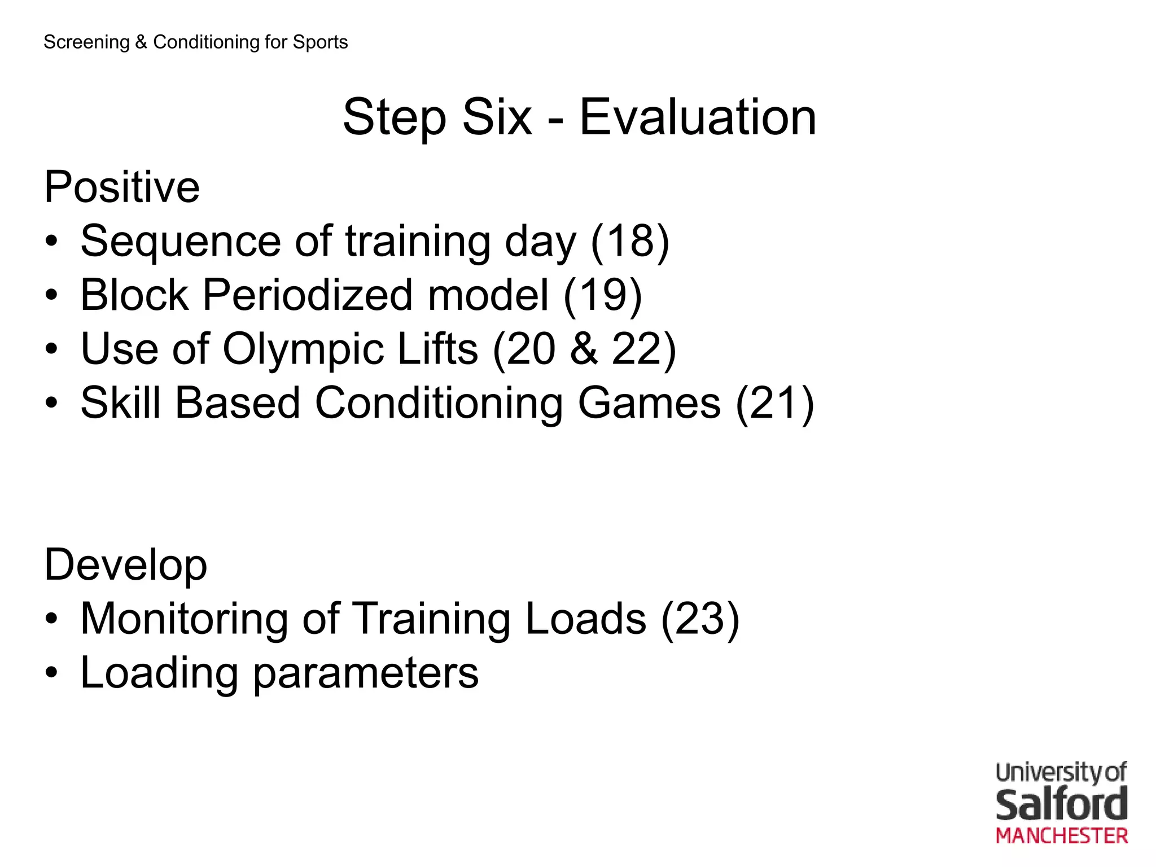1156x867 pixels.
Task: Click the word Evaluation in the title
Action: (x=698, y=117)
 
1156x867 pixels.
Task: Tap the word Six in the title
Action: (x=497, y=117)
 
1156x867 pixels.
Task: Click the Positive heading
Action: (x=122, y=187)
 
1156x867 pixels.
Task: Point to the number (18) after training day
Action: (x=630, y=242)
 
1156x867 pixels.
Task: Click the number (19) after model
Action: (x=603, y=295)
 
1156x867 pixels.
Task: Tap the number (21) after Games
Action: (x=774, y=404)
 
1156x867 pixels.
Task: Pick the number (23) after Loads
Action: (x=700, y=619)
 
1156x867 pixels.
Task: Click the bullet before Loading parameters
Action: (x=51, y=673)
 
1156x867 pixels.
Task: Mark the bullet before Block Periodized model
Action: (x=51, y=295)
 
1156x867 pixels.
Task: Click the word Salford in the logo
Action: (x=1061, y=805)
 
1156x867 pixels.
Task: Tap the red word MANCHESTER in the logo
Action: (x=1061, y=836)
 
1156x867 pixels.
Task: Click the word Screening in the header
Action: (x=86, y=42)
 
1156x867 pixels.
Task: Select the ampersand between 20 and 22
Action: (x=584, y=349)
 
